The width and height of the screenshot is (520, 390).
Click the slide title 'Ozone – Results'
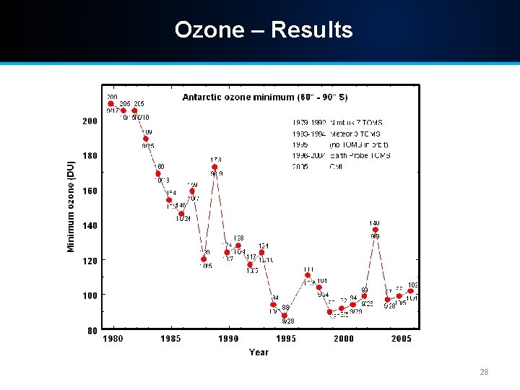[264, 30]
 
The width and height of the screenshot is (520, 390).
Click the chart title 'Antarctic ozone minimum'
[264, 97]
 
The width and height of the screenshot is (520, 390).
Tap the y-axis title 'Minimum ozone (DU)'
[71, 207]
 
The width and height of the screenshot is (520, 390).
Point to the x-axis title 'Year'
[259, 352]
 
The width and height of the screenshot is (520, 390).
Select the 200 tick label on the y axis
[89, 121]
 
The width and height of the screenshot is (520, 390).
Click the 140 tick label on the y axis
[89, 226]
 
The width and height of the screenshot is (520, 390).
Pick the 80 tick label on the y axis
[92, 331]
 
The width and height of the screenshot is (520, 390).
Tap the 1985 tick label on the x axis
[170, 339]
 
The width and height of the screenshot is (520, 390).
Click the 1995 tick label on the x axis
[286, 339]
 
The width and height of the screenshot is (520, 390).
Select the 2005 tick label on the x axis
[402, 339]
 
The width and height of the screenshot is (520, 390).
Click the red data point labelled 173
[215, 168]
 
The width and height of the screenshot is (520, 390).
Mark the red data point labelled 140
[376, 230]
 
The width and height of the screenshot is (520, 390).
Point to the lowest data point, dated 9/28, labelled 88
[285, 316]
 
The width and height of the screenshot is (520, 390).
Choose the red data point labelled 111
[308, 275]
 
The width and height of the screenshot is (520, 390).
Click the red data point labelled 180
[157, 173]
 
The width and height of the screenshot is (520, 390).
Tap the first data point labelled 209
[111, 103]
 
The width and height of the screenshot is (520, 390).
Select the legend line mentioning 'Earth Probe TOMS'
[342, 155]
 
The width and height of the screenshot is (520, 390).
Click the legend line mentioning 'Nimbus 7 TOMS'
[337, 123]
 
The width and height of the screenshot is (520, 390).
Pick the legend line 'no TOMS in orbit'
[342, 144]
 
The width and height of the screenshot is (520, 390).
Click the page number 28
[485, 373]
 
